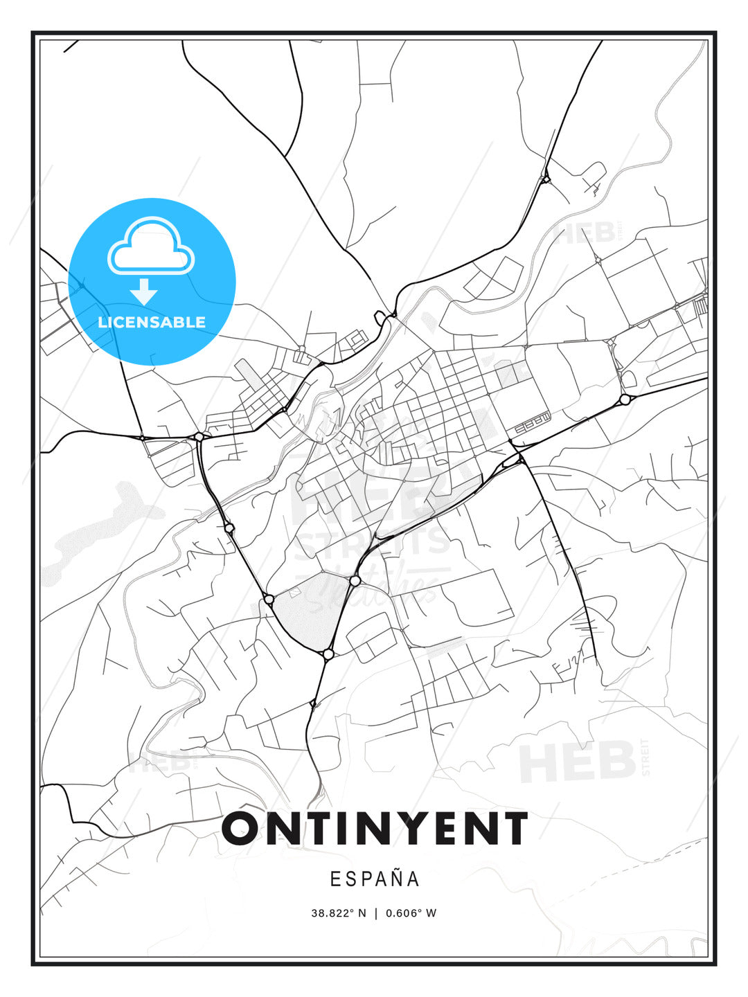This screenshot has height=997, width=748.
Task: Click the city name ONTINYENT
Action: pos(375,828)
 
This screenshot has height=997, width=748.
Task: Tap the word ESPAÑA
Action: pos(375,879)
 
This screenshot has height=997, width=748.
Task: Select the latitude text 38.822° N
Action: pos(338,913)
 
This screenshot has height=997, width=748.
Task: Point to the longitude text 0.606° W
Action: pos(411,913)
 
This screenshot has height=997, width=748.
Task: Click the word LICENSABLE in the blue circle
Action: pos(152,322)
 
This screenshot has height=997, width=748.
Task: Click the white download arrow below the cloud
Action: pos(144,291)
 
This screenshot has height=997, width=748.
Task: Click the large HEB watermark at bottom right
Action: pos(578,762)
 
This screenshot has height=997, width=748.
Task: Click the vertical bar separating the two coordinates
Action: pos(375,913)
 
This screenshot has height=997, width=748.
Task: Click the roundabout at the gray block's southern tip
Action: pos(328,654)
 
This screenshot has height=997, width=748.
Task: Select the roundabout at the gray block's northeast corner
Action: pos(355,580)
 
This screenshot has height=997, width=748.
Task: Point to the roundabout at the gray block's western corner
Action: pos(269,599)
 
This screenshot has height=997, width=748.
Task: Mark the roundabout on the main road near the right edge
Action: pos(625,399)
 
